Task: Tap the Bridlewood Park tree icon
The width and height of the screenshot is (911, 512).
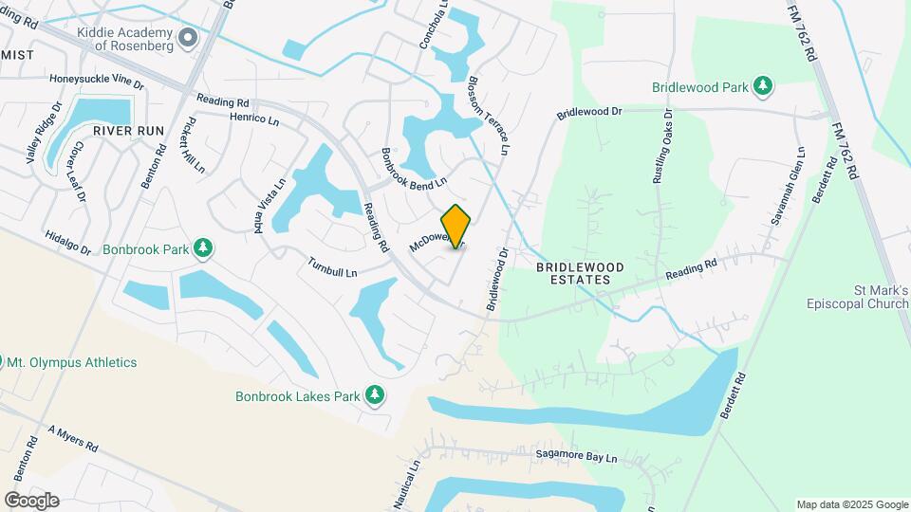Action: [x=762, y=87]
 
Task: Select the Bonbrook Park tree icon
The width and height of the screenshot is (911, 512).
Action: [x=202, y=248]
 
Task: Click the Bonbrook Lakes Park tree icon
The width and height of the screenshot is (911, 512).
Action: [x=375, y=394]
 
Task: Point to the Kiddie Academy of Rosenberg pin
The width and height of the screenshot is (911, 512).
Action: [x=188, y=37]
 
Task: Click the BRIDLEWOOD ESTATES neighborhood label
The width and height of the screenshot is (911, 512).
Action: [x=580, y=274]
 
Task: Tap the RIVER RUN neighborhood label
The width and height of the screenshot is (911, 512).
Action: [x=129, y=130]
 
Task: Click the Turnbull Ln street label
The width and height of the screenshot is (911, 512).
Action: [x=332, y=267]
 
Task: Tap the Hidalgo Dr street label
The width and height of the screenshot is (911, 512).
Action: [x=67, y=243]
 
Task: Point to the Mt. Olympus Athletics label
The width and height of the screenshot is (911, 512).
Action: [x=72, y=362]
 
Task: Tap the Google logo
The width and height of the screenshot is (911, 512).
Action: [x=31, y=500]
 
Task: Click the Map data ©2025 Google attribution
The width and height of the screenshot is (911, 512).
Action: [x=851, y=504]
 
